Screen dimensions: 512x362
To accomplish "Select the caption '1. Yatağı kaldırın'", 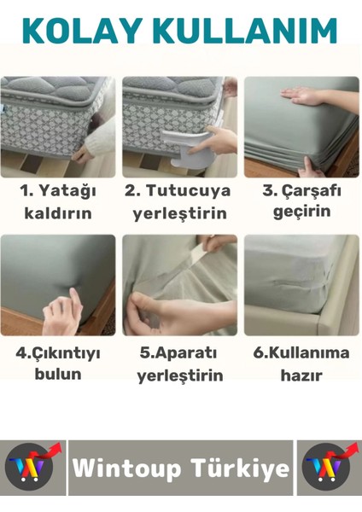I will [57, 200].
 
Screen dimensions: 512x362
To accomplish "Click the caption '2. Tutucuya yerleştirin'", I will [178, 200].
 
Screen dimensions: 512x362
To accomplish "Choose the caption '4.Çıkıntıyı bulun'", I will [58, 363].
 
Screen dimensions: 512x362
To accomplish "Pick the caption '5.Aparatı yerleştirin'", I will [179, 364].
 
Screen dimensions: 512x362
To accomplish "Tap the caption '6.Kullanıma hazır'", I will [301, 363].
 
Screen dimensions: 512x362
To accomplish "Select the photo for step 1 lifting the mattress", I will [57, 123].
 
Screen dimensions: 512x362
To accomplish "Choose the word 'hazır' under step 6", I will [301, 375].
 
